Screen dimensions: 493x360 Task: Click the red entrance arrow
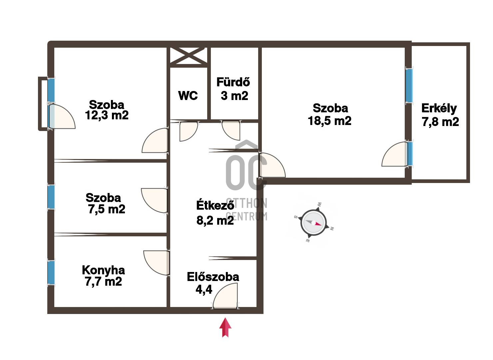tap(226, 327)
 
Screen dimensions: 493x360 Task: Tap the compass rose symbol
tap(313, 223)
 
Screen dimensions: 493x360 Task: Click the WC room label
tap(188, 96)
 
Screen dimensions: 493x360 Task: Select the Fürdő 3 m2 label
tap(234, 89)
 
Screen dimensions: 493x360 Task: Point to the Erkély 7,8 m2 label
tap(440, 115)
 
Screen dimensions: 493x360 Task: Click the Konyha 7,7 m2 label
tap(104, 276)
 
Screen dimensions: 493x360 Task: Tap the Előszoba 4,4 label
tap(213, 283)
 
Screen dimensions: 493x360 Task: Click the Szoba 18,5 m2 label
tap(330, 114)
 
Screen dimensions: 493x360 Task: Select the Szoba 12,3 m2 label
tap(107, 110)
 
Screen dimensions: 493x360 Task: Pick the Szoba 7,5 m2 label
tap(105, 203)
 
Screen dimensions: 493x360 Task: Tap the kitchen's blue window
tap(51, 273)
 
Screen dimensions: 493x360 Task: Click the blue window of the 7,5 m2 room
tap(51, 197)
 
